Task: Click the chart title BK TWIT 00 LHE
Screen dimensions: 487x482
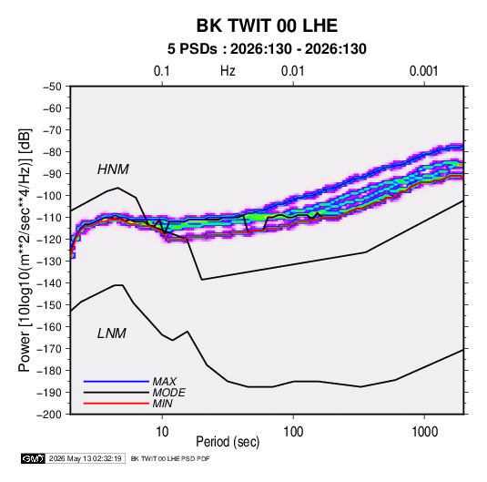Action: [267, 26]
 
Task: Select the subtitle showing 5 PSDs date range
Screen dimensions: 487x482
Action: [267, 49]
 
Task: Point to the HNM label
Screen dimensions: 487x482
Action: [113, 169]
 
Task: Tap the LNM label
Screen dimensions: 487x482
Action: [112, 333]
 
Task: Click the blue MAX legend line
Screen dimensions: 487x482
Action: [117, 381]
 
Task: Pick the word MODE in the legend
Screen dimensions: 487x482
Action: [169, 393]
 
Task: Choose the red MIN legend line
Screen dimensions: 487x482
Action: [117, 404]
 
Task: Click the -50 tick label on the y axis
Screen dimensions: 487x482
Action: [53, 87]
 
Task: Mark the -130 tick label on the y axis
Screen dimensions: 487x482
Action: [49, 262]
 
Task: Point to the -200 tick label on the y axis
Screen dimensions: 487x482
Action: [49, 415]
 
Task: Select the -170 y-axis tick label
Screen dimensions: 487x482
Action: [49, 349]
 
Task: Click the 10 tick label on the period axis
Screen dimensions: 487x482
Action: [162, 432]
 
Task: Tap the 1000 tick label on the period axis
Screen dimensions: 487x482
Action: [424, 432]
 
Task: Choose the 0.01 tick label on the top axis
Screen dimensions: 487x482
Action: [293, 71]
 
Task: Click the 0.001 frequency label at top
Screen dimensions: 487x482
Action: [424, 71]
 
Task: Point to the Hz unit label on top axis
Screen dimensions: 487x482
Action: [228, 71]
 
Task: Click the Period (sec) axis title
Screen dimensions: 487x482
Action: [228, 442]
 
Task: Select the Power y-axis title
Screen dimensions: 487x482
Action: [25, 251]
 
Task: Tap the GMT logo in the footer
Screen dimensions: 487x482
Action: [34, 458]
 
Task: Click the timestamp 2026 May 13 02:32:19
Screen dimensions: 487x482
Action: [85, 458]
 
